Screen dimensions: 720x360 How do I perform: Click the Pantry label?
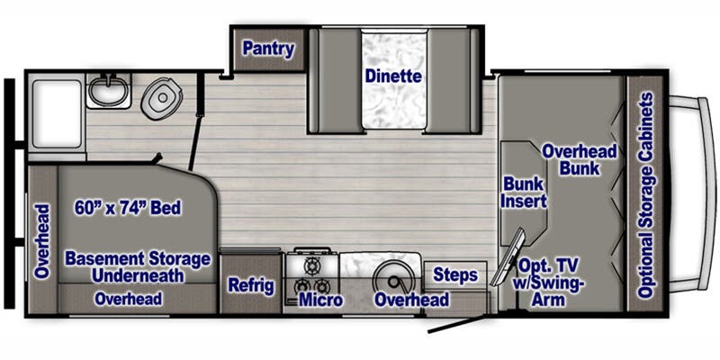(268, 49)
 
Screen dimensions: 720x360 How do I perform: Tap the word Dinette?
(393, 76)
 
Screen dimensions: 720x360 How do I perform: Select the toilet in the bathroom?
(162, 98)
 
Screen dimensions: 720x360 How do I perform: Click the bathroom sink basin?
(108, 91)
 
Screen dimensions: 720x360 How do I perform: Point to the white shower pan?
(57, 114)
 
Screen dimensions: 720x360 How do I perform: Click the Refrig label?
(251, 285)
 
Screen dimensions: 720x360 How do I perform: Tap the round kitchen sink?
(394, 278)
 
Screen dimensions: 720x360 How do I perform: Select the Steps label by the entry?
(455, 275)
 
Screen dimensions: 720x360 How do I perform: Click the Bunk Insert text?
(524, 193)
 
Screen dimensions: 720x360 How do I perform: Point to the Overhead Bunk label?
(580, 160)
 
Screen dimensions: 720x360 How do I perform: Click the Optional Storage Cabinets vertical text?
(646, 195)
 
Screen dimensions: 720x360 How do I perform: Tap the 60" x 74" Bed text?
(128, 208)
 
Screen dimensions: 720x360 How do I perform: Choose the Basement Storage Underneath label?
(138, 267)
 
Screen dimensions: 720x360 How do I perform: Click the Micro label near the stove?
(320, 300)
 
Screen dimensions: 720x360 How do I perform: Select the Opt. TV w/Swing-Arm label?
(549, 283)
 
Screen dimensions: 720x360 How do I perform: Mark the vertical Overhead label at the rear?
(42, 241)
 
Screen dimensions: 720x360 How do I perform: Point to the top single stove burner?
(312, 265)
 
